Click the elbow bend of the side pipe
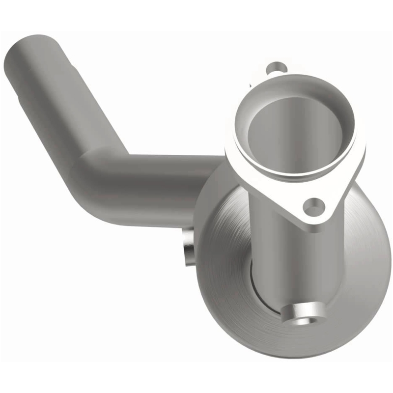point(91,177)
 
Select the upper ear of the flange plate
point(275,69)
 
